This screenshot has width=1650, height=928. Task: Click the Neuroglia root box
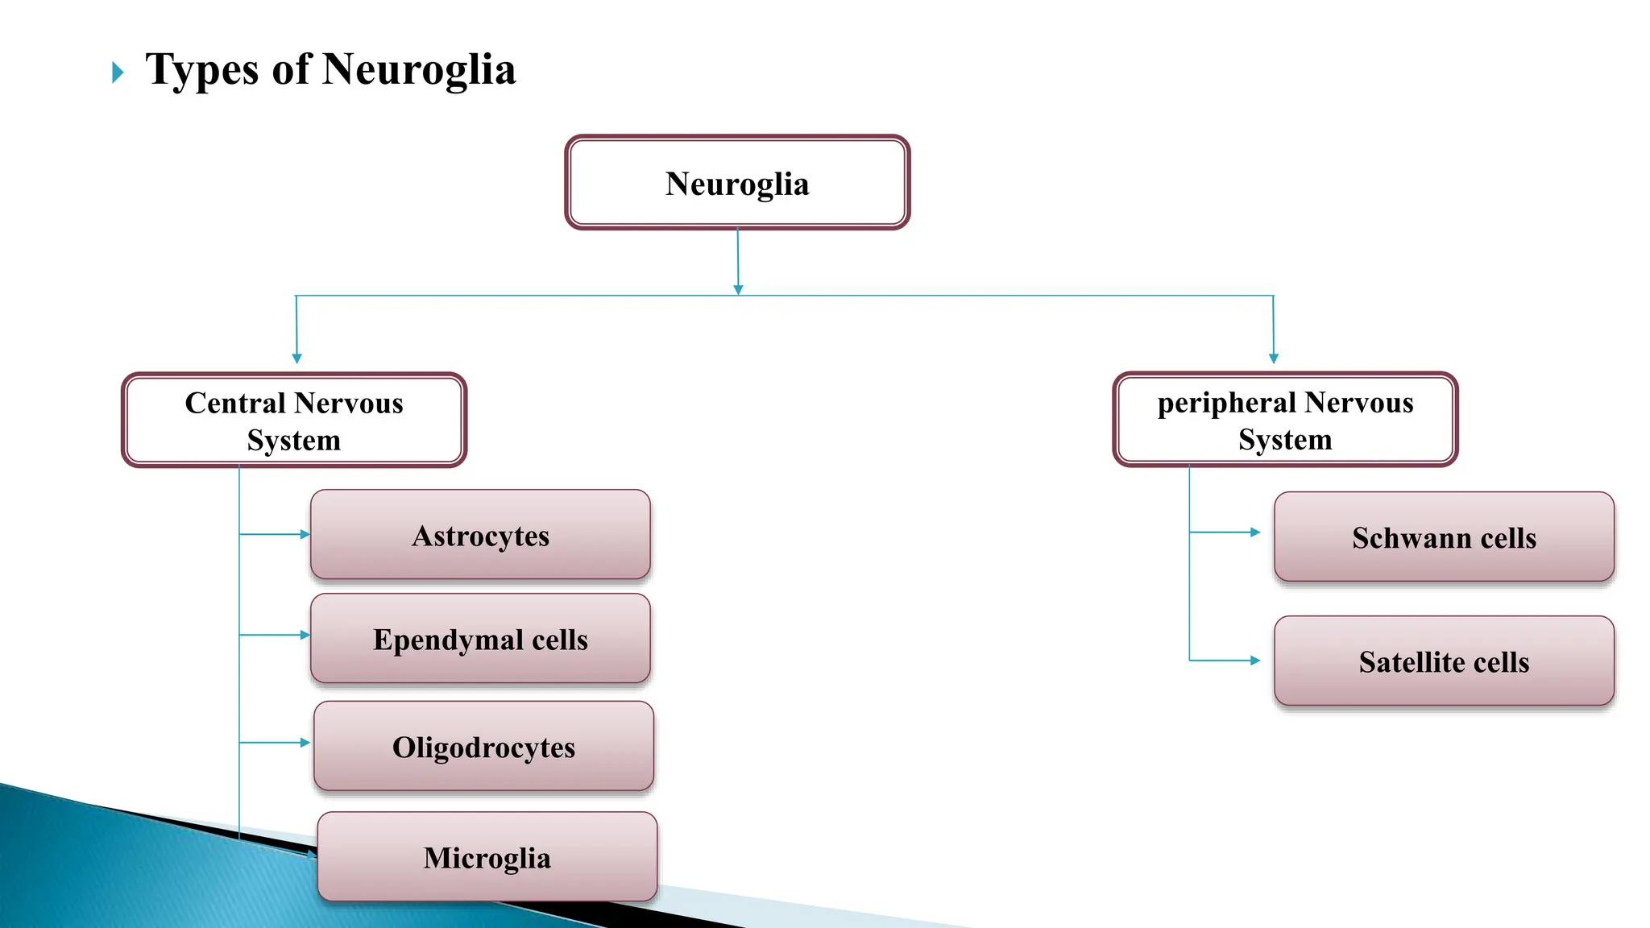tap(737, 183)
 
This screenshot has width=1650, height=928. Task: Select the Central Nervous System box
tap(294, 420)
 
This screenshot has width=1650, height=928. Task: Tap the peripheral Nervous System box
tap(1285, 420)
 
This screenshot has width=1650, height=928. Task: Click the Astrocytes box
tap(480, 535)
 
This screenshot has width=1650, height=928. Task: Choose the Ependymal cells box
tap(480, 639)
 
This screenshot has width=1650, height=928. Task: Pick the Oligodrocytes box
tap(483, 747)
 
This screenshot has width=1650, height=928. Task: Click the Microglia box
tap(487, 857)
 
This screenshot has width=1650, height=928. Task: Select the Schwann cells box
tap(1444, 537)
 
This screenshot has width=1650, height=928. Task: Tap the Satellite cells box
tap(1444, 661)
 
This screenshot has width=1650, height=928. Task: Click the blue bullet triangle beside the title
tap(118, 72)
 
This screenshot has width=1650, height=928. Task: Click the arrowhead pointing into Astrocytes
tap(305, 534)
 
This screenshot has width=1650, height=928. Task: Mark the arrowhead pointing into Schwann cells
tap(1254, 532)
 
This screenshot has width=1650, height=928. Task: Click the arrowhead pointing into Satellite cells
tap(1254, 661)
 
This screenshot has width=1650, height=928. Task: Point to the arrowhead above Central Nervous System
tap(296, 358)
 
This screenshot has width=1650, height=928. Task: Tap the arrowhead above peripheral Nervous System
tap(1274, 358)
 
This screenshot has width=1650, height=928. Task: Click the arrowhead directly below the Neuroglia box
tap(738, 290)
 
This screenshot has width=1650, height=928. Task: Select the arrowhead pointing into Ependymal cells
tap(305, 635)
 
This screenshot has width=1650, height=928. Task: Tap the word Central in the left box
tap(235, 403)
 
